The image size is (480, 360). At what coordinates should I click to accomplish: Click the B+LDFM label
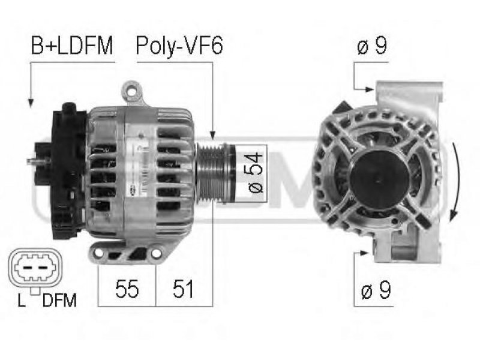(x=72, y=46)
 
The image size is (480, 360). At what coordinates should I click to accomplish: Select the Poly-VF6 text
(x=179, y=46)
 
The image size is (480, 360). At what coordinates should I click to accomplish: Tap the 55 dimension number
(x=127, y=289)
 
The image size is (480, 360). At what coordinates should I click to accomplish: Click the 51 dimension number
(x=183, y=289)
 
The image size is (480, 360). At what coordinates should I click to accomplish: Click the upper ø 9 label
(x=372, y=46)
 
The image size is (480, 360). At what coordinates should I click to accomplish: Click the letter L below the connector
(x=22, y=301)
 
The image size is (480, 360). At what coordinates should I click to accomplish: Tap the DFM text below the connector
(x=59, y=301)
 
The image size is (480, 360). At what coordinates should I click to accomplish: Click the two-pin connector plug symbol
(x=35, y=268)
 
